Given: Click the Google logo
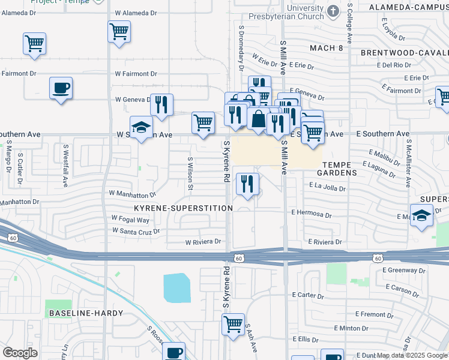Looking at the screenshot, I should pos(20,353).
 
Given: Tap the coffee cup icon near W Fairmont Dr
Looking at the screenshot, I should pos(61,88).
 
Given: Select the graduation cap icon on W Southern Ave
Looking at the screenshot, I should pos(141,127).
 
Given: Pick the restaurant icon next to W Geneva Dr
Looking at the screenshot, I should pos(161,105).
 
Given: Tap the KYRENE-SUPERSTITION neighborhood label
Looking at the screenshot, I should pos(183,208).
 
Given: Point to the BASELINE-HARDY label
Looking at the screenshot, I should pos(86,313).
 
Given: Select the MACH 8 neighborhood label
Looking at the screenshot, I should pos(326,47).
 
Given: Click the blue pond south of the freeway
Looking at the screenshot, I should pos(176,287).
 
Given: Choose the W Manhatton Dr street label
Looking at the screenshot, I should pos(132,194).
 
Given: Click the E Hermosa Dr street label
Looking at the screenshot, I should pos(311,214).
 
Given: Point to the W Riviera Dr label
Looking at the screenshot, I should pos(202,242).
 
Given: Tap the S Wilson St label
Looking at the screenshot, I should pos(190,174).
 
